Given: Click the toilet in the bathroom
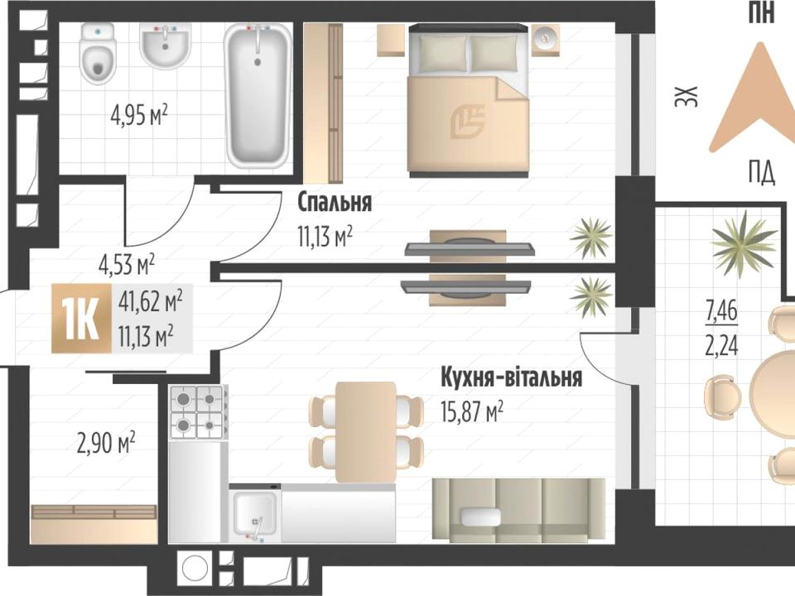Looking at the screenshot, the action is pos(98,55).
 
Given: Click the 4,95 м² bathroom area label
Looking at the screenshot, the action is pos(139,116).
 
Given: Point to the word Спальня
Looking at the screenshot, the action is pos(334,202).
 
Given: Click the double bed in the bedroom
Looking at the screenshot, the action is pos(470,100).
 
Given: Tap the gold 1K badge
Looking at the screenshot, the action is pos(81,319).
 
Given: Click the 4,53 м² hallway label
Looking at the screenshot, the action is pos(126,264).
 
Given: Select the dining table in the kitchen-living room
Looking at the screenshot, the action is pos(366,432).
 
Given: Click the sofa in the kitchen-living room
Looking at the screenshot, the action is pos(518,510).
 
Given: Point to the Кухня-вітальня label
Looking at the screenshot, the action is pos(512,377).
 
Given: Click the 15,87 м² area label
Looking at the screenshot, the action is pos(472,411).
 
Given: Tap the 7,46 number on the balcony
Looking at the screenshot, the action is pos(722,310).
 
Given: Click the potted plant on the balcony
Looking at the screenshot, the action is pos(744,243).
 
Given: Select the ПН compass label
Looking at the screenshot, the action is pos(762,12).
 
